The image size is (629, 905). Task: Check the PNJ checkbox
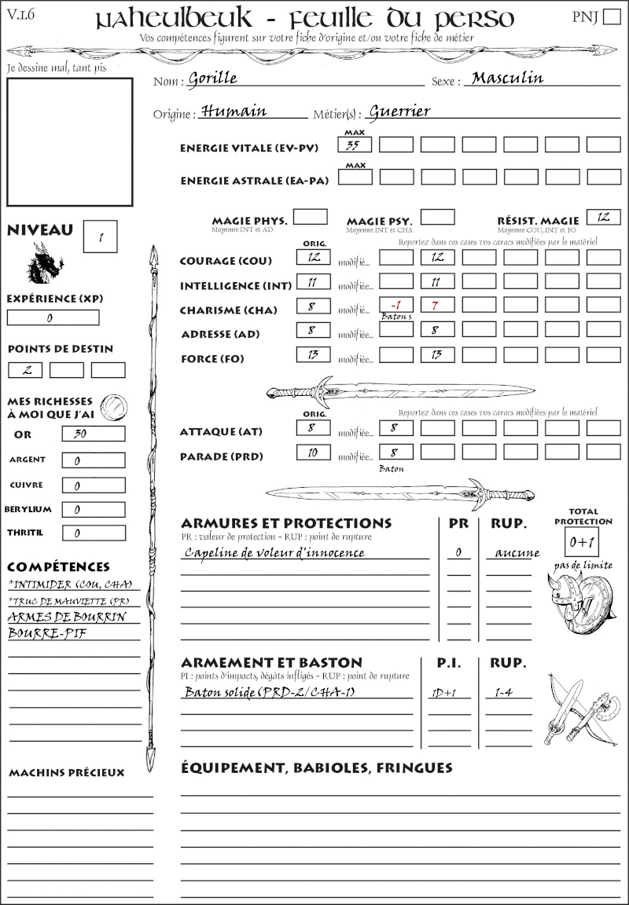pos(611,17)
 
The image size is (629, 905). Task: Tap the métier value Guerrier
pos(399,112)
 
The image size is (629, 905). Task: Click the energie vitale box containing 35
pos(355,145)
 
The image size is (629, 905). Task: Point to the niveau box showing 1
pos(100,236)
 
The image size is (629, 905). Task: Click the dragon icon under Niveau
pos(44,264)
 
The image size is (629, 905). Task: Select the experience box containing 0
pos(53,317)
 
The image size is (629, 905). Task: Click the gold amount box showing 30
pos(93,434)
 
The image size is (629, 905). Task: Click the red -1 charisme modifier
pos(395,305)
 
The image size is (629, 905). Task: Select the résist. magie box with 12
pos(603,218)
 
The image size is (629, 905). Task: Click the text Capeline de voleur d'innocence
pos(274,552)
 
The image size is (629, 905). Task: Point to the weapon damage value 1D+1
pos(439,693)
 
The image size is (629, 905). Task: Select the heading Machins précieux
pos(66,773)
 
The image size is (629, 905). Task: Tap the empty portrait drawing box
pos(69,141)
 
